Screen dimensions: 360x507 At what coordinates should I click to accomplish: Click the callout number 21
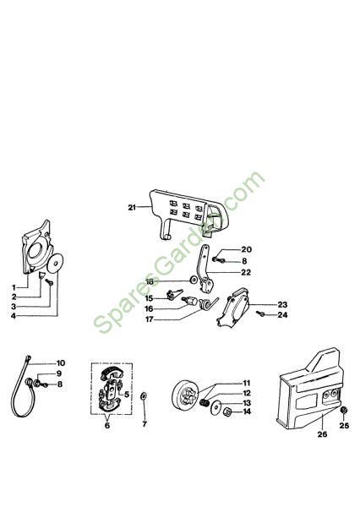click(x=132, y=207)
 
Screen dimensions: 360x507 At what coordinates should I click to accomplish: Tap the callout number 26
click(x=322, y=434)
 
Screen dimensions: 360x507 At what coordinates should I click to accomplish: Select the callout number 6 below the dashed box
click(x=107, y=425)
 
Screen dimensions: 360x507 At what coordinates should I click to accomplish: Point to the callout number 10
click(x=61, y=363)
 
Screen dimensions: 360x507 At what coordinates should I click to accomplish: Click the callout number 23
click(x=282, y=304)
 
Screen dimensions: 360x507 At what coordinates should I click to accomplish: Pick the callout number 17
click(x=150, y=319)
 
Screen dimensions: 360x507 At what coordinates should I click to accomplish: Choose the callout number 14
click(x=247, y=412)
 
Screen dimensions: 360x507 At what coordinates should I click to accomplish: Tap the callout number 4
click(x=14, y=316)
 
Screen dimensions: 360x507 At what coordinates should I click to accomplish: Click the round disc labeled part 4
click(x=55, y=264)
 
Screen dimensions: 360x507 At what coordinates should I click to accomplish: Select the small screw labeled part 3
click(x=50, y=282)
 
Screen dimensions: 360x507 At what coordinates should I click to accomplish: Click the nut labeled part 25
click(x=344, y=410)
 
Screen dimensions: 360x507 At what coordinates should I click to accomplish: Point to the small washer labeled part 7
click(x=144, y=395)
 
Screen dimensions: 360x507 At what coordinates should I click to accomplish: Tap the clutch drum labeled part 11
click(x=185, y=393)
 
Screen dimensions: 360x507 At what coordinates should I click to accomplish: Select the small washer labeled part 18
click(x=194, y=280)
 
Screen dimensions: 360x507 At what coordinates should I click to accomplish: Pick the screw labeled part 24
click(x=260, y=313)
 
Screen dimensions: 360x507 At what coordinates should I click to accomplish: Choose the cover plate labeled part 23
click(x=233, y=308)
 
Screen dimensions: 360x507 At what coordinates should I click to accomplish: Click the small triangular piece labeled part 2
click(x=41, y=275)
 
